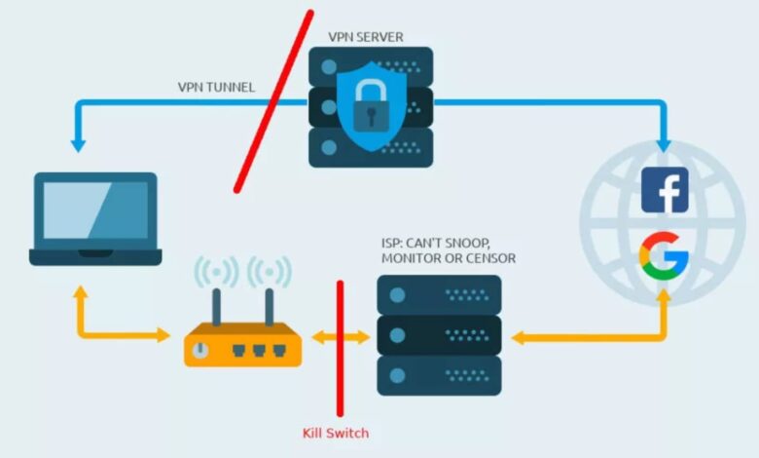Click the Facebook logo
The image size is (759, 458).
coord(665,190)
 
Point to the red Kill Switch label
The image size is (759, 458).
coord(336,433)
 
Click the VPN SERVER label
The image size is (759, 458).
coord(365,37)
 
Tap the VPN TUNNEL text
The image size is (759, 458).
coord(217,87)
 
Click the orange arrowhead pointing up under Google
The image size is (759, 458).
coord(665,295)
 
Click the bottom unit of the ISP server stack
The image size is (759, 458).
coord(439,375)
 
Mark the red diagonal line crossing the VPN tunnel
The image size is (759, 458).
coord(273,102)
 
